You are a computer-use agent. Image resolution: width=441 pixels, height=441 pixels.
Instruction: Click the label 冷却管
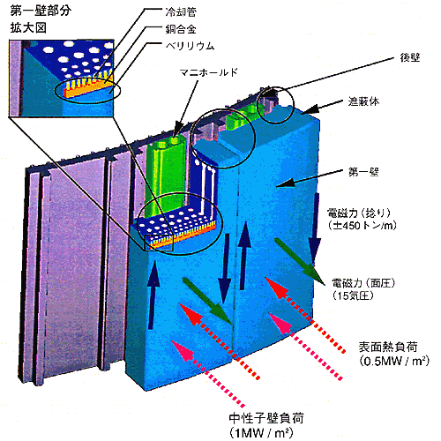[x=181, y=11]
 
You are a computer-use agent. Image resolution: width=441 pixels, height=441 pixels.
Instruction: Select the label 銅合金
[x=181, y=29]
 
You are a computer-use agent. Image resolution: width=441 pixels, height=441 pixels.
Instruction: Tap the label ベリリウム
[x=190, y=46]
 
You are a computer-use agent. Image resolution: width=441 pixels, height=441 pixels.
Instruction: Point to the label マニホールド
[x=208, y=72]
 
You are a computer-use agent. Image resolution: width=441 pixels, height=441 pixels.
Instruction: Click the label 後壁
[x=410, y=58]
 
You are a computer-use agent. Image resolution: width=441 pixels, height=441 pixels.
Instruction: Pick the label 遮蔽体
[x=363, y=101]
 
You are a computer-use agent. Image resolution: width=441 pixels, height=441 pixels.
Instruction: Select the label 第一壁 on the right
[x=363, y=172]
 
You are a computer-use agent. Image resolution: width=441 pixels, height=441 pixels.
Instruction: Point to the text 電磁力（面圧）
[x=363, y=283]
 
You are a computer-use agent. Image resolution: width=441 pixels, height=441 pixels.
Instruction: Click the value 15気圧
[x=354, y=295]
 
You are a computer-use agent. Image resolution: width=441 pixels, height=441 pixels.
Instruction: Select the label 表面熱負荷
[x=388, y=348]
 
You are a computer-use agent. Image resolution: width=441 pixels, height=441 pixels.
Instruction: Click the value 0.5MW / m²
[x=394, y=361]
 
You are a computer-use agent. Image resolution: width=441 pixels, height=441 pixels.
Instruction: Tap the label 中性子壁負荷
[x=266, y=418]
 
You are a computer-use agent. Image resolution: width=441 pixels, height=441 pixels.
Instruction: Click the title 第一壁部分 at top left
[x=41, y=11]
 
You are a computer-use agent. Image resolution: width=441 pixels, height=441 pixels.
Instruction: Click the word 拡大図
[x=28, y=28]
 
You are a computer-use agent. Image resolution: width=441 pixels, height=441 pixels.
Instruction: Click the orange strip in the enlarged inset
[x=88, y=91]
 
